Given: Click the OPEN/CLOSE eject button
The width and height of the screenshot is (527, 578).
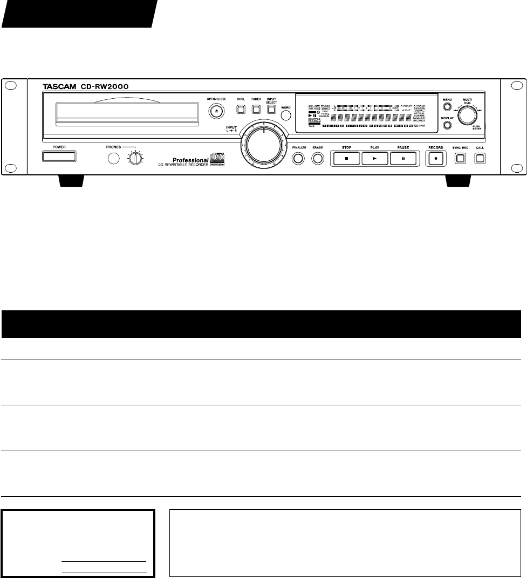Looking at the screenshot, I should coord(216,110).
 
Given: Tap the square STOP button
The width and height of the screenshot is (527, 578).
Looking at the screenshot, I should coord(345,159).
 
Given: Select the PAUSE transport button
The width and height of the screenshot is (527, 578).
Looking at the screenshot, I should coord(403,159).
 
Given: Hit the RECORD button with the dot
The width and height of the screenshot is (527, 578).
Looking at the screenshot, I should coord(436,159).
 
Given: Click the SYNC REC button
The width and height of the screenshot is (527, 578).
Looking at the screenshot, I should coord(460,159).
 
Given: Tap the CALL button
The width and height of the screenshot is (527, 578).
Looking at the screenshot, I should coord(480,159).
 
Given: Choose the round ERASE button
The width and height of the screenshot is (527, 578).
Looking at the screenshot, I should coord(317,159).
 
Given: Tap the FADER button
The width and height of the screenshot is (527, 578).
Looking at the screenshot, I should coord(256,110).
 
